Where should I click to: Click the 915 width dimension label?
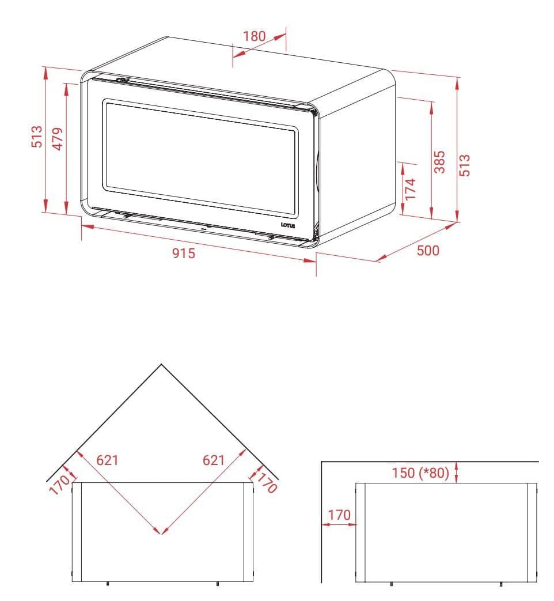pos(184,254)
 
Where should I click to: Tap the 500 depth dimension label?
pos(428,250)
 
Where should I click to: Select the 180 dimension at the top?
pos(255,36)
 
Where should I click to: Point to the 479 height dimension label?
pos(58,139)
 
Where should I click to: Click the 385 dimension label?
pos(440,162)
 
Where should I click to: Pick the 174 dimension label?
pos(411,189)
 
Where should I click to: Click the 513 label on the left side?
pos(37,137)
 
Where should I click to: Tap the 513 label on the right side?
pos(464,165)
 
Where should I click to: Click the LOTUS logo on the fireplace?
pos(288,225)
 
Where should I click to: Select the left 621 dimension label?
pos(107,460)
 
